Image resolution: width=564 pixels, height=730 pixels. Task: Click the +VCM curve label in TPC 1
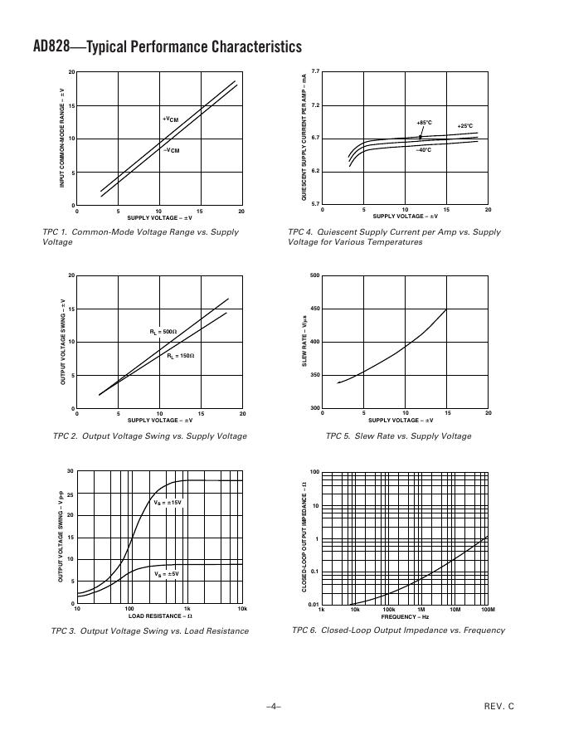point(170,119)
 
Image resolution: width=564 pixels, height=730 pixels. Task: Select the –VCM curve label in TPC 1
point(170,150)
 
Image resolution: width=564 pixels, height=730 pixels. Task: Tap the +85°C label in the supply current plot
point(424,123)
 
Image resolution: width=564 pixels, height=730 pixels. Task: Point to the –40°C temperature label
point(424,150)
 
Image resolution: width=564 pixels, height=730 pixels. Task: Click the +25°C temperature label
point(465,126)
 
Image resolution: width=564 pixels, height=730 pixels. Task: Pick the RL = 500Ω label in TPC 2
point(163,332)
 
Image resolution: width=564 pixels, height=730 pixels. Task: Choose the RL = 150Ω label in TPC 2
point(180,355)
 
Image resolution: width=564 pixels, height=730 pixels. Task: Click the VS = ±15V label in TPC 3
point(168,503)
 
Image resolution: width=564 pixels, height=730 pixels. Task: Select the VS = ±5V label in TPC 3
point(167,573)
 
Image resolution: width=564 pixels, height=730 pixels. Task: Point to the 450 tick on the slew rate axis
point(314,309)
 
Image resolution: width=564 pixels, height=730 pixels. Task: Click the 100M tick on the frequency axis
point(488,610)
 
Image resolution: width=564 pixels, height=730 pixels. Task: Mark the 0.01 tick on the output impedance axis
point(314,604)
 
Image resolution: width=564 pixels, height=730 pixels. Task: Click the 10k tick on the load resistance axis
point(242,609)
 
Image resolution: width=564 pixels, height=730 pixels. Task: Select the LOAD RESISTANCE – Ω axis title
point(160,616)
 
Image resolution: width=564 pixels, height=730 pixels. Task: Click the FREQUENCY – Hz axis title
point(405,616)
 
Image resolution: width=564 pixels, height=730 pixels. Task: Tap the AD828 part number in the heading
point(30,46)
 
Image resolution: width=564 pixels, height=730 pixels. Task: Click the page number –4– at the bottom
point(274,706)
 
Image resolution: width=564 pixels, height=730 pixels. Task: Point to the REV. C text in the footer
point(499,706)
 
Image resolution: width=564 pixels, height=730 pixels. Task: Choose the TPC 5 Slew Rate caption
point(398,436)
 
